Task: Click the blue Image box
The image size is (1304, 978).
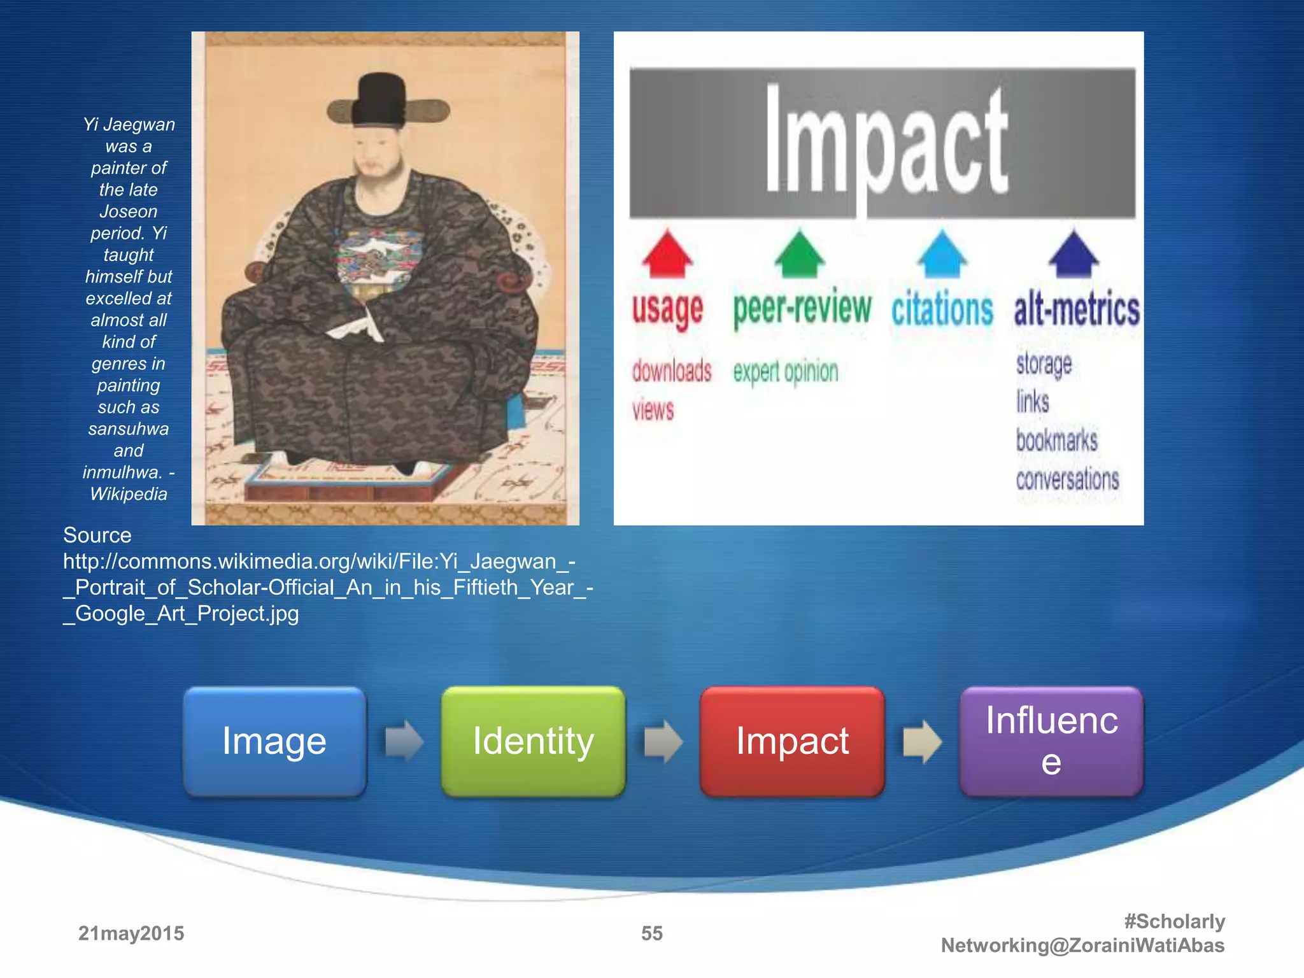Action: [274, 741]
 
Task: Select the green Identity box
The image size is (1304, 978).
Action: [533, 741]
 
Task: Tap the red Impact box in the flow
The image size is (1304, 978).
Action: [792, 741]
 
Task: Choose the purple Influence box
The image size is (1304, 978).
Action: [1051, 741]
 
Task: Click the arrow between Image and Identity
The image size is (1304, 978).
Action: [404, 741]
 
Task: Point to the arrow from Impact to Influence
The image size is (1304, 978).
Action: [922, 741]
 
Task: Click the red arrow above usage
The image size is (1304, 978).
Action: [667, 254]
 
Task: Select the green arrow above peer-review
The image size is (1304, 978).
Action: [799, 254]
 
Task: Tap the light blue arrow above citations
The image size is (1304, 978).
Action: [942, 254]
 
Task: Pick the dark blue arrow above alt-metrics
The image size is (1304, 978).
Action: [1074, 254]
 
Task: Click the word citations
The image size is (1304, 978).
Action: [942, 309]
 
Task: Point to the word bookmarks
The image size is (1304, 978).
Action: [1056, 440]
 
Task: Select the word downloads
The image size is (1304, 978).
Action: [672, 371]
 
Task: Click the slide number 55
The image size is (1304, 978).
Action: [651, 933]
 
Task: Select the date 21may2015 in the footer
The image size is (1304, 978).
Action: [131, 933]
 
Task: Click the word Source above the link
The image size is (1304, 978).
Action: [97, 535]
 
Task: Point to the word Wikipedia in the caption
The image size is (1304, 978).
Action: [129, 494]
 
